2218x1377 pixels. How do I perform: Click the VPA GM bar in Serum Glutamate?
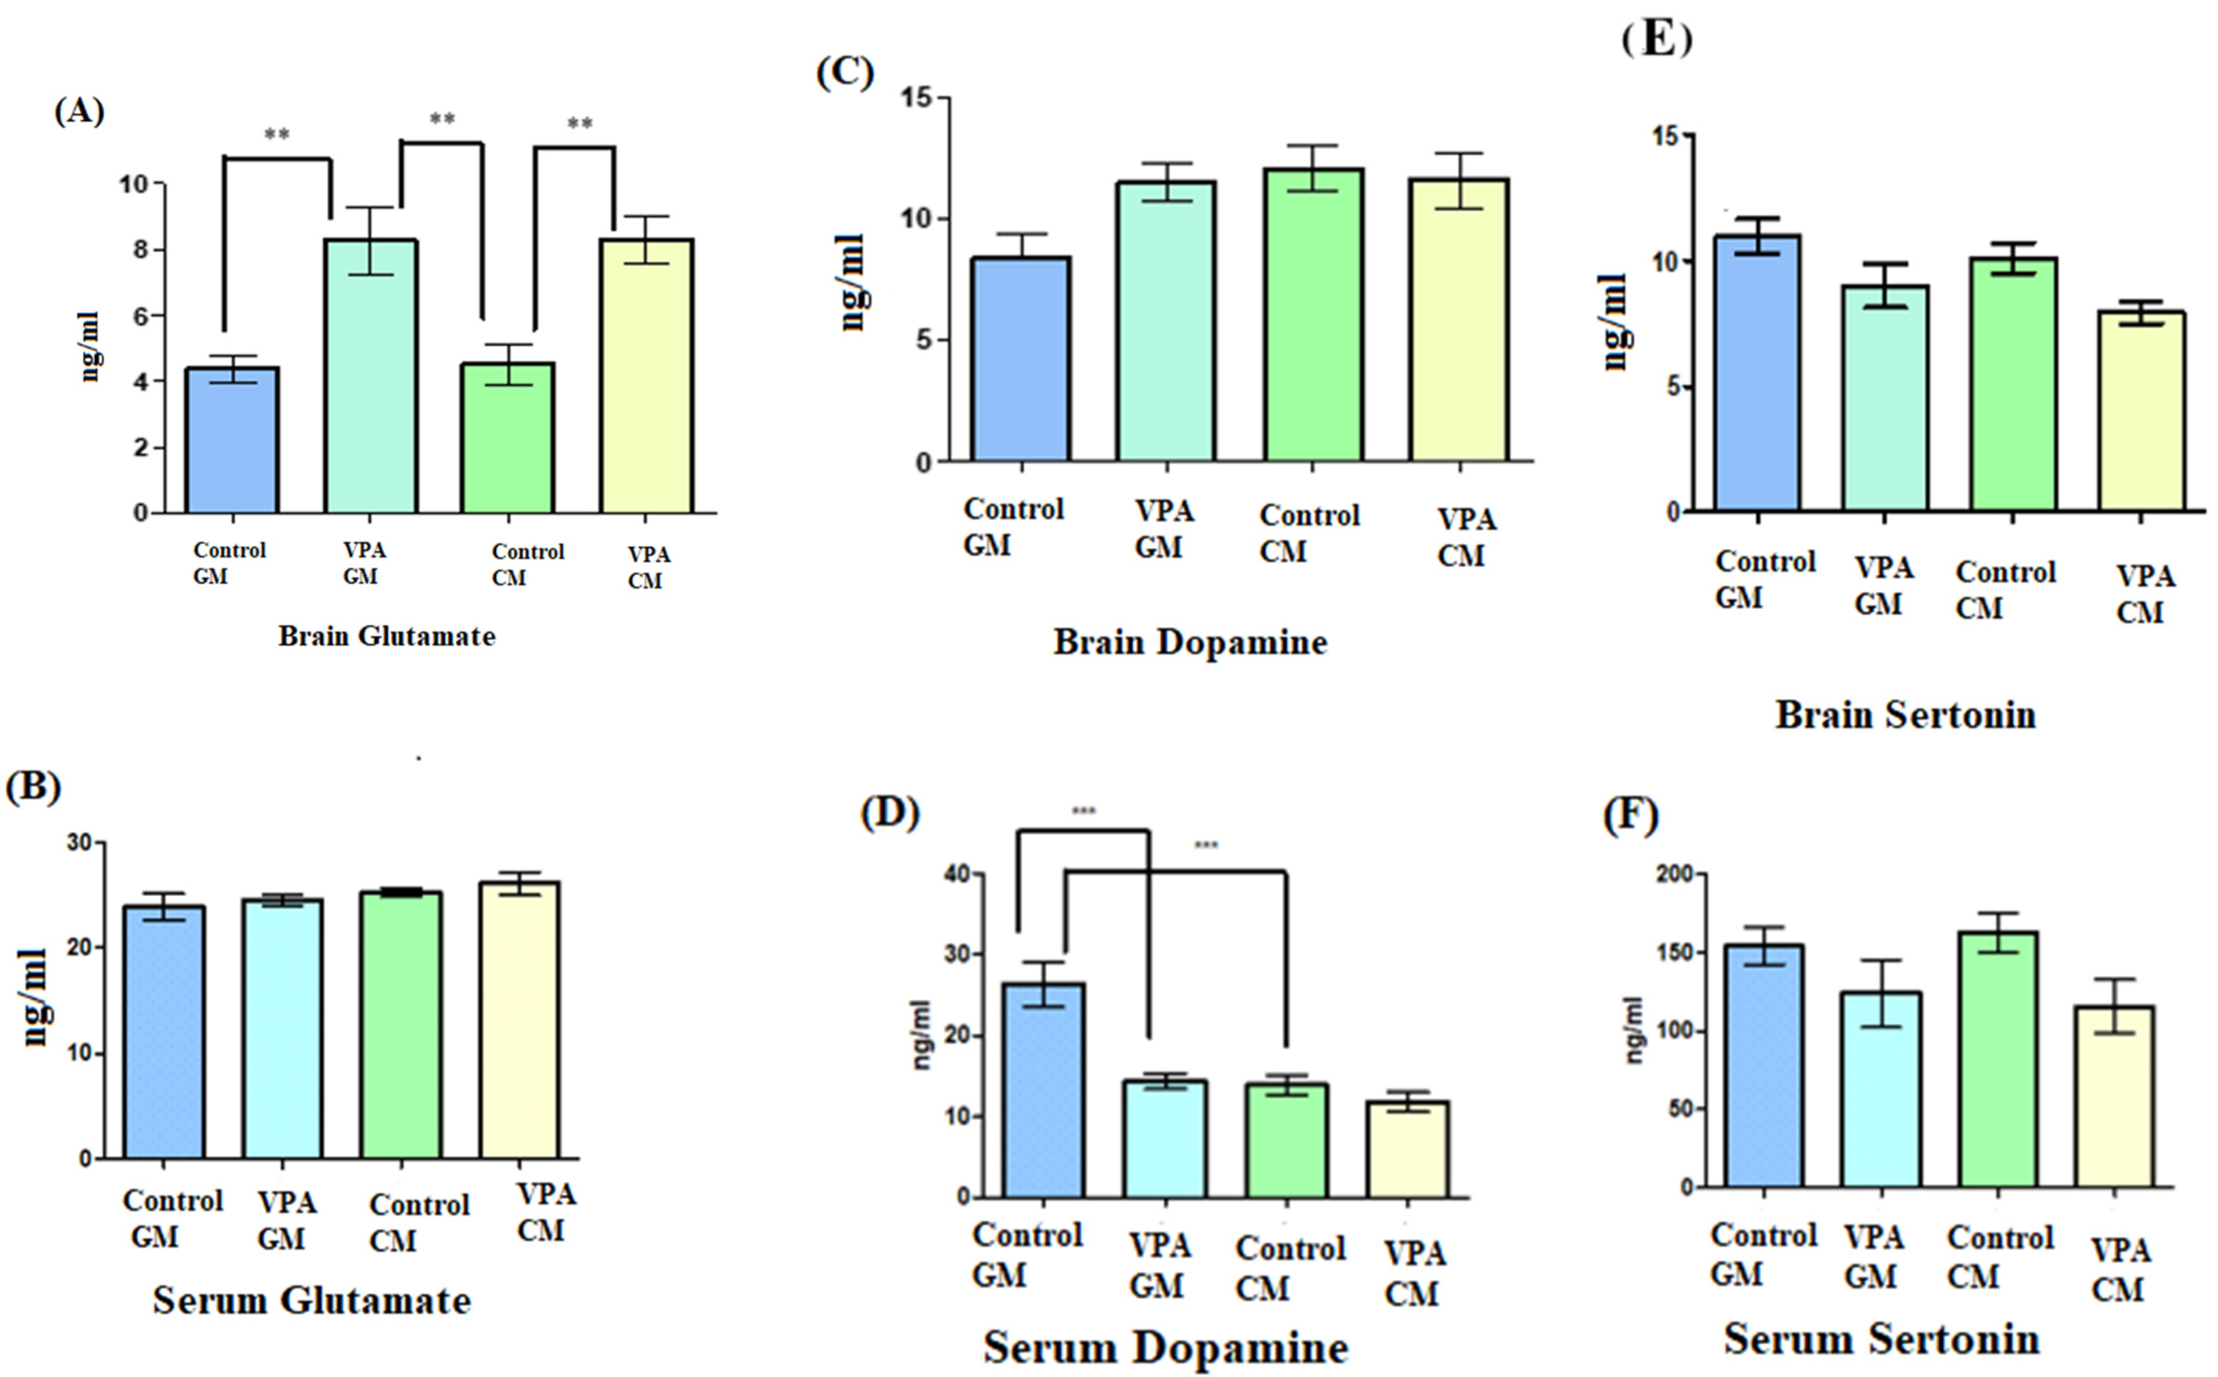(x=283, y=1029)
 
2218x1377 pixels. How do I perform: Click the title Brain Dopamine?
(x=1190, y=642)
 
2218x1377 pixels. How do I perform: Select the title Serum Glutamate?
(x=311, y=1300)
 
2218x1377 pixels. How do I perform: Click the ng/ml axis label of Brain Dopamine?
(x=852, y=282)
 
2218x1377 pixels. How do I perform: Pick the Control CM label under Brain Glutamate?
(x=527, y=565)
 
